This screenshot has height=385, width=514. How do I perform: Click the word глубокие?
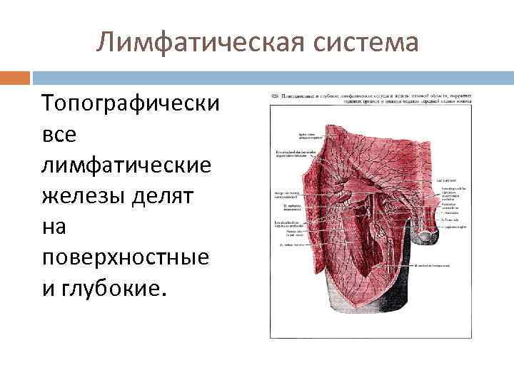pos(116,289)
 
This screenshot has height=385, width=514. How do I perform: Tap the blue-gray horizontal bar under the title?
pos(271,76)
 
